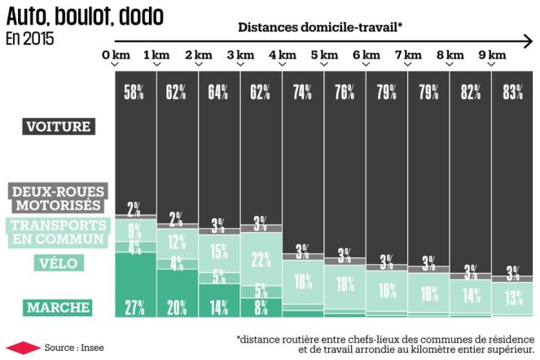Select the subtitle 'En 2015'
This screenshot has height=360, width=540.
[x=32, y=38]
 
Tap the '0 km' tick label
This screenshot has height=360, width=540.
[x=116, y=55]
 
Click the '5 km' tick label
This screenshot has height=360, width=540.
[x=323, y=55]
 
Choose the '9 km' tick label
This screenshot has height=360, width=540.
[x=492, y=55]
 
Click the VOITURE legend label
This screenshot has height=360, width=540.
[x=59, y=126]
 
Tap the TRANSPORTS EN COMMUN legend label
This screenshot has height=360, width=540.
[x=57, y=231]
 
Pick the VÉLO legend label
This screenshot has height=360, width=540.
[x=57, y=262]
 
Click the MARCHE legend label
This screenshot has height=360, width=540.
[x=57, y=307]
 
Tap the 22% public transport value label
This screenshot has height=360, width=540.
[x=261, y=261]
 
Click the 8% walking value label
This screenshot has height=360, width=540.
[x=261, y=307]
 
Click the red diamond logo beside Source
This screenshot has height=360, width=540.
[x=20, y=346]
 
